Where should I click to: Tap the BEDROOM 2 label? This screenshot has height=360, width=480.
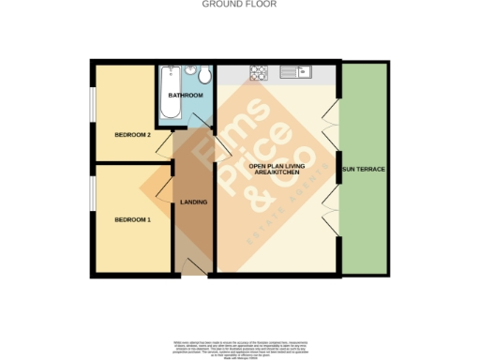point(132,135)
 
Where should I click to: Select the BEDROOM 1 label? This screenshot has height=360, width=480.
point(132,219)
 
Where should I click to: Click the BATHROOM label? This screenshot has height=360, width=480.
point(186,96)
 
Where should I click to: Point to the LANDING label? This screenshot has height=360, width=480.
point(193,202)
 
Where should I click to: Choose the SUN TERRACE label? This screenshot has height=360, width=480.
point(364,170)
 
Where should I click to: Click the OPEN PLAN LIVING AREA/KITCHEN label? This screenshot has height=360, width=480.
point(277,170)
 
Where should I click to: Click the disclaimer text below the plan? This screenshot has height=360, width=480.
point(239,346)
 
